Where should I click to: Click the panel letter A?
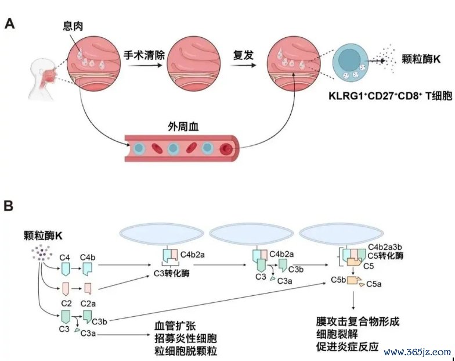(x=9, y=23)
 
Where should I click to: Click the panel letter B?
(x=9, y=206)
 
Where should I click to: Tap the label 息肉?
(x=73, y=26)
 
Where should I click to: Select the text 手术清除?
(x=144, y=55)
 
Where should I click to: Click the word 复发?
(x=243, y=55)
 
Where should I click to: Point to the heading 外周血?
(x=183, y=127)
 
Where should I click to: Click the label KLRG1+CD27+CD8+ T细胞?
(x=390, y=95)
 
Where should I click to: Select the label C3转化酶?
(x=172, y=273)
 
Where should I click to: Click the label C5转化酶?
(x=385, y=256)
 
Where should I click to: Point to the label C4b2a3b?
(x=385, y=247)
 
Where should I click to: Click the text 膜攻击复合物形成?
(x=358, y=321)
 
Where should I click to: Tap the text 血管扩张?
(x=175, y=326)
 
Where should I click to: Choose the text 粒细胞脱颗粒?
(x=186, y=351)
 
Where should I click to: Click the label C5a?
(x=374, y=284)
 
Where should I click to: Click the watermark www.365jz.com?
(x=417, y=352)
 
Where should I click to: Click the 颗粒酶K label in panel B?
(x=43, y=235)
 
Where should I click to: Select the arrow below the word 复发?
(x=243, y=65)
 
